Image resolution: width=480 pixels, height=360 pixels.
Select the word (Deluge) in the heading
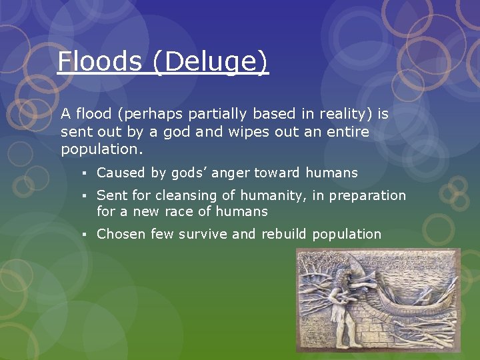pyautogui.click(x=210, y=63)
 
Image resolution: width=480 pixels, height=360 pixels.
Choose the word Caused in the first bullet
pyautogui.click(x=121, y=173)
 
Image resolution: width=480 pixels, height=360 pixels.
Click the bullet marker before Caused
pyautogui.click(x=87, y=173)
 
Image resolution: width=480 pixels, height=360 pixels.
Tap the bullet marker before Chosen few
pyautogui.click(x=87, y=235)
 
